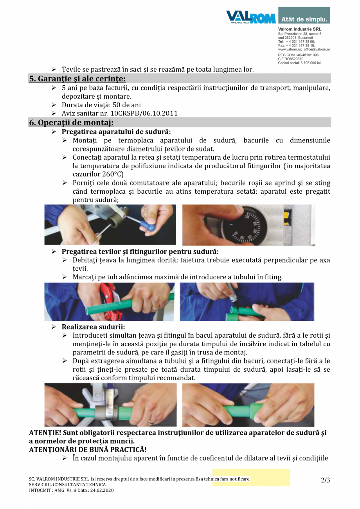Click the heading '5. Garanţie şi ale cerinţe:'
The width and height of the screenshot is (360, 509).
point(77,79)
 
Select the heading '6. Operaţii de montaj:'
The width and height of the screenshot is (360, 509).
point(71,122)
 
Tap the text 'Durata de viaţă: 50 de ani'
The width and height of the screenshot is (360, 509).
point(101,105)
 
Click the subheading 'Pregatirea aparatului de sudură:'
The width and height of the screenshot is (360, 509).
point(116,132)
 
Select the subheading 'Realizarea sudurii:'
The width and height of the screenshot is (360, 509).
point(93,327)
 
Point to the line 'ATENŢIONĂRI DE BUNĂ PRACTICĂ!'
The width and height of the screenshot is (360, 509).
point(88,450)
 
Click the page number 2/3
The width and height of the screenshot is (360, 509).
point(325,480)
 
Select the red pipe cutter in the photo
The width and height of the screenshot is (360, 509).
point(101,296)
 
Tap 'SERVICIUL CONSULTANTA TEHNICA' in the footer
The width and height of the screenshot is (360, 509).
point(67,485)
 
